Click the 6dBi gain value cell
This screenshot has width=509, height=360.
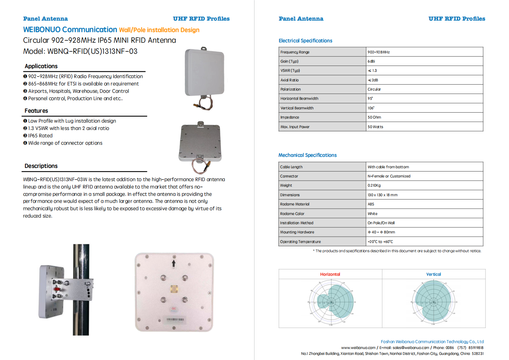(x=371, y=61)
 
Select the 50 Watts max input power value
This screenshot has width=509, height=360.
(x=375, y=127)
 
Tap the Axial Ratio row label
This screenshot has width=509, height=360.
(x=289, y=80)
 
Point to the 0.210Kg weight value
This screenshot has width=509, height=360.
(x=374, y=186)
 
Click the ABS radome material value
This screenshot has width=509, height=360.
(x=371, y=204)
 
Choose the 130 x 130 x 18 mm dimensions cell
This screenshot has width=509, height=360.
(x=382, y=195)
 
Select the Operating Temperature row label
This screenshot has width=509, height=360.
(x=300, y=242)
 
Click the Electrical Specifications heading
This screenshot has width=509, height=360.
(x=305, y=41)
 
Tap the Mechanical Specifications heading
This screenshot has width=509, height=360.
(x=307, y=155)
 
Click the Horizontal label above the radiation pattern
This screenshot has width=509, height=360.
(x=330, y=275)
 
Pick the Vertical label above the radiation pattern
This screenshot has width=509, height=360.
(x=433, y=275)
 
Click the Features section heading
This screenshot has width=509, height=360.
(x=36, y=111)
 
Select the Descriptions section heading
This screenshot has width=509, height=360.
(x=41, y=166)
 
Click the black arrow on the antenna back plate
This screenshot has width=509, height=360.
(x=174, y=263)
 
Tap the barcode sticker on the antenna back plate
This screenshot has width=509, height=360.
(x=175, y=320)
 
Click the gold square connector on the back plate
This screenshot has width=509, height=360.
(x=174, y=289)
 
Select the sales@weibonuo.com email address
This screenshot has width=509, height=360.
(x=411, y=348)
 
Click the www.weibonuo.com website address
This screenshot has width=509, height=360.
(x=358, y=348)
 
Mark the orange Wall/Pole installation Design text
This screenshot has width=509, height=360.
(x=159, y=30)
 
